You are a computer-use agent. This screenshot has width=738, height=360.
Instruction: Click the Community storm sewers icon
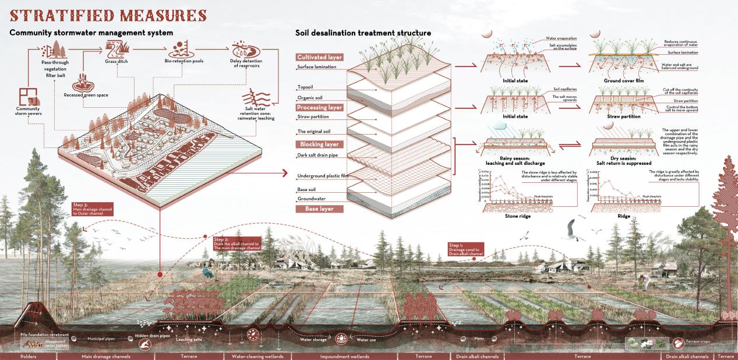click(x=27, y=96)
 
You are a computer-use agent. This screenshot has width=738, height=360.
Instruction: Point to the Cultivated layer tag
click(x=319, y=57)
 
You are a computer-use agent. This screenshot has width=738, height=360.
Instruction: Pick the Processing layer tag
click(x=319, y=108)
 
